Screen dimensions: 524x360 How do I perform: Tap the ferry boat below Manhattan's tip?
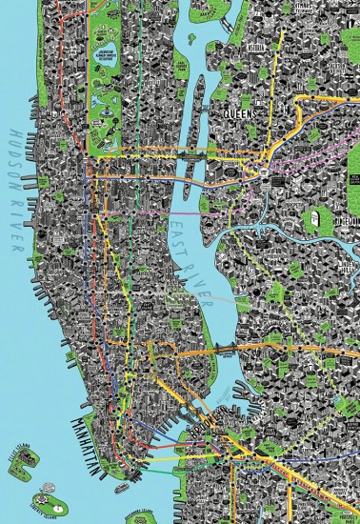pyautogui.click(x=122, y=489)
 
